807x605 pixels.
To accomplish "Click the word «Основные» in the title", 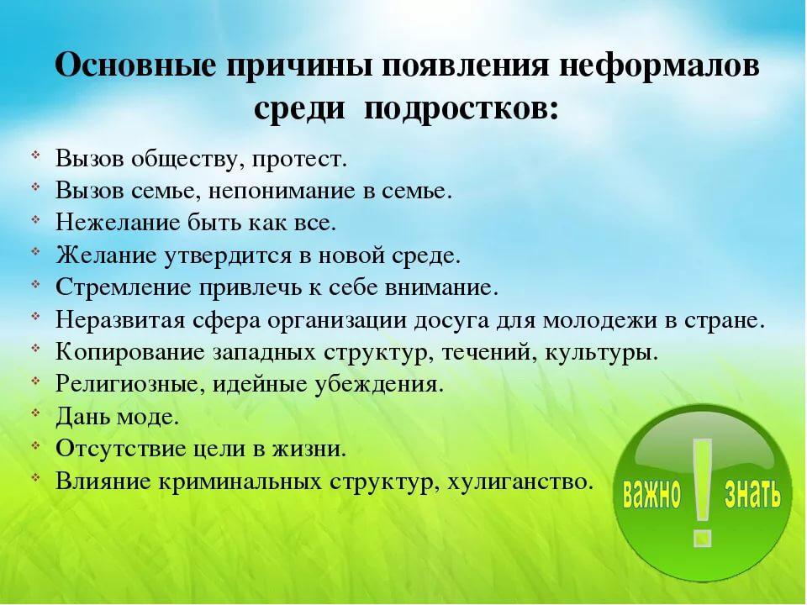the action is tap(134, 66).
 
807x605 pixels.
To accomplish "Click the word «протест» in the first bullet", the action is tap(299, 159).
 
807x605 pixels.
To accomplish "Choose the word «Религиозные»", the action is tap(127, 384).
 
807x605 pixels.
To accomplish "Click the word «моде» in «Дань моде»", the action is tap(147, 417).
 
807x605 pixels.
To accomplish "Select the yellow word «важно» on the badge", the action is tap(651, 494).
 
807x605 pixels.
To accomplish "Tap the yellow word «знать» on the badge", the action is tap(752, 494).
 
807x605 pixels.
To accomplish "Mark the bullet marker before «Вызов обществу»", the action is tap(35, 155).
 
